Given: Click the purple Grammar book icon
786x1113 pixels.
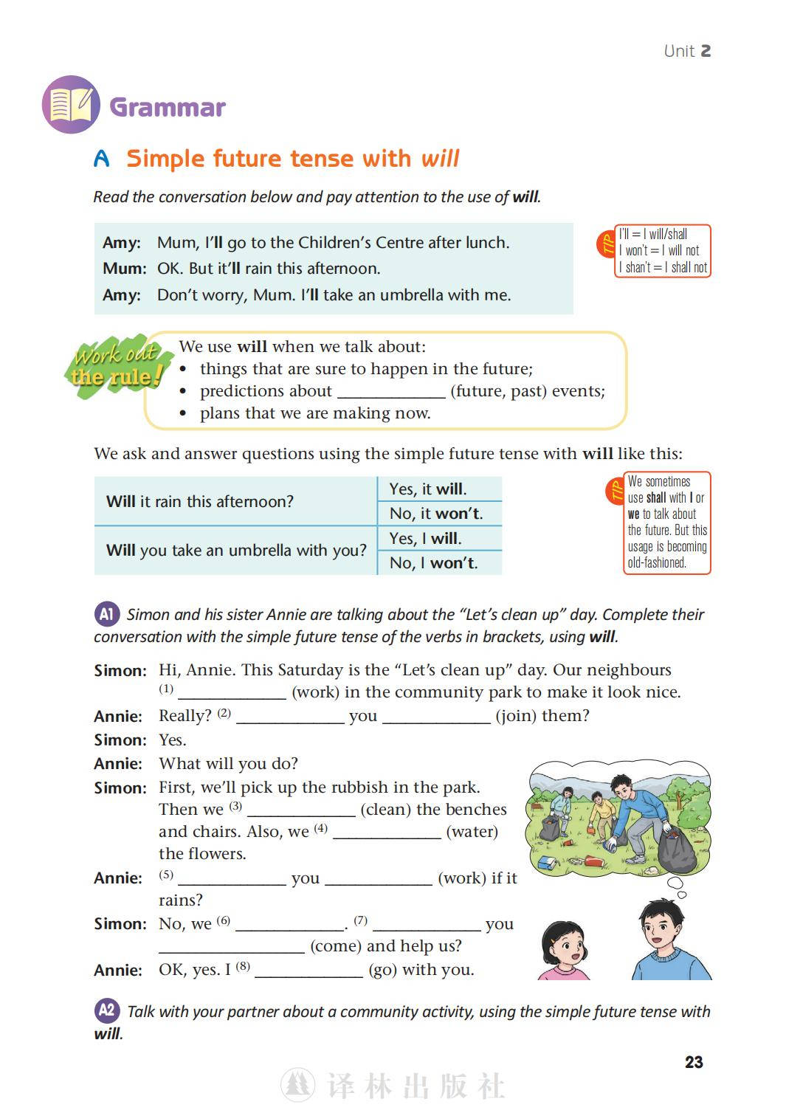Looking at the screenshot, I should pos(71,105).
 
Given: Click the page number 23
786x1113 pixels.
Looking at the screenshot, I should pos(693,1062).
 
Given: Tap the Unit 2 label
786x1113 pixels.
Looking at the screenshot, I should pos(686,51).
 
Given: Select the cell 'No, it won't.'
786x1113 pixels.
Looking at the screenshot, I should pos(436,514).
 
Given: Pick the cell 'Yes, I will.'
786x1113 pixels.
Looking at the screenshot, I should pos(426,539).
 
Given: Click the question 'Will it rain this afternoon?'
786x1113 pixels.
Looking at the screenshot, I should pos(200,502).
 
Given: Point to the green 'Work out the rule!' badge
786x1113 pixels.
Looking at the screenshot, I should pos(118,367).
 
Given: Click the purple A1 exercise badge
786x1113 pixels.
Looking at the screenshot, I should pos(107,614).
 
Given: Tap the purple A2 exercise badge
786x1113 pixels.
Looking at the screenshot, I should pos(107,1010).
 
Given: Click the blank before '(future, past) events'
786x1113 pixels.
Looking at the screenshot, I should pos(391,392).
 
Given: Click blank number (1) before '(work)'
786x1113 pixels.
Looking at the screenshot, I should pos(232,692).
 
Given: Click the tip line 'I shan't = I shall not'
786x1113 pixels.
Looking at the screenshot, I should pos(663,267).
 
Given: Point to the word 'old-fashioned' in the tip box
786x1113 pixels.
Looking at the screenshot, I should pos(657,562).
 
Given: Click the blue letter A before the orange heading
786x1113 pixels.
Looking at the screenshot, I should pos(102,159).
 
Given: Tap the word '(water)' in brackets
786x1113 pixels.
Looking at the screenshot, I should pos(472,832).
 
